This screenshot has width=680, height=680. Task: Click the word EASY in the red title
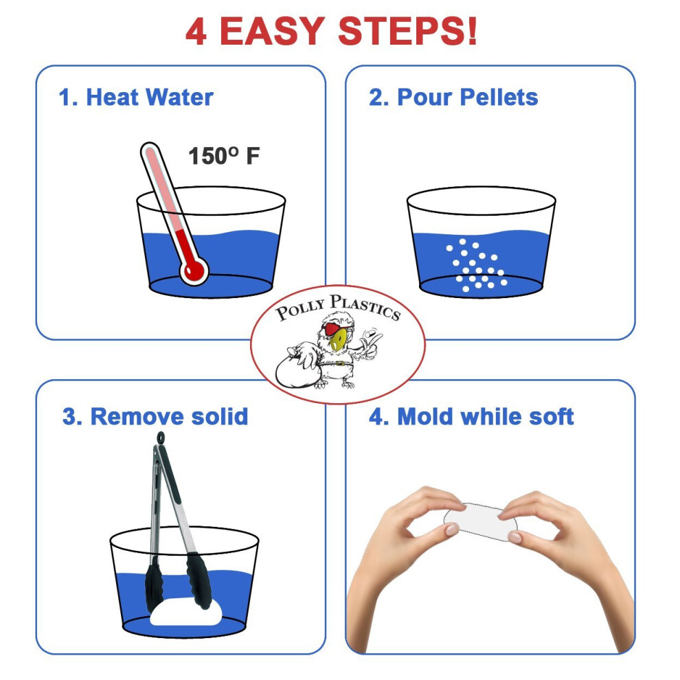point(273,31)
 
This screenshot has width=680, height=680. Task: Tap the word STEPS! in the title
point(407,31)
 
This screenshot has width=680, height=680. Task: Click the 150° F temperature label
point(224,156)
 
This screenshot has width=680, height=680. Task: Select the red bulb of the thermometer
point(194,271)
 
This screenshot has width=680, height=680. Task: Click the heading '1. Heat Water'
point(136,97)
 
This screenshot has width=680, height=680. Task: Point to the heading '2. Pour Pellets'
point(453,97)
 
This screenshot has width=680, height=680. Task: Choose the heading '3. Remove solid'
point(155,417)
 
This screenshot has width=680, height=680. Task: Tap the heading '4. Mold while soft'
point(471,417)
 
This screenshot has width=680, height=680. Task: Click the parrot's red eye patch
point(331,328)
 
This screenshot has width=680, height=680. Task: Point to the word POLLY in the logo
point(301,309)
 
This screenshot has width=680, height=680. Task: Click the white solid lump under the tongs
point(185,612)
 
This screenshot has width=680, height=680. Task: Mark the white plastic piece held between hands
point(480,521)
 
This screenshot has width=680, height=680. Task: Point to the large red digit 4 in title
point(196,31)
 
